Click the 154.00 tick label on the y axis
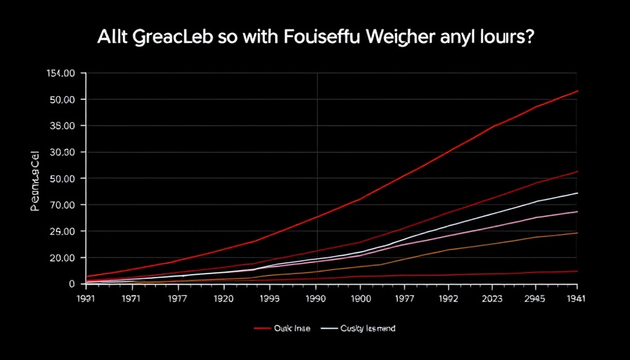click(59, 73)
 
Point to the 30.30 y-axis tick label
click(59, 152)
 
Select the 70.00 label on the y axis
click(59, 205)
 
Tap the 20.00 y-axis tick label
click(59, 257)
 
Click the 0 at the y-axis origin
click(71, 283)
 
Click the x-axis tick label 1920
click(224, 298)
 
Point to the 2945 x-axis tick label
click(536, 298)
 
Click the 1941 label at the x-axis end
click(575, 298)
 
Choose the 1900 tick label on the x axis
click(360, 298)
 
